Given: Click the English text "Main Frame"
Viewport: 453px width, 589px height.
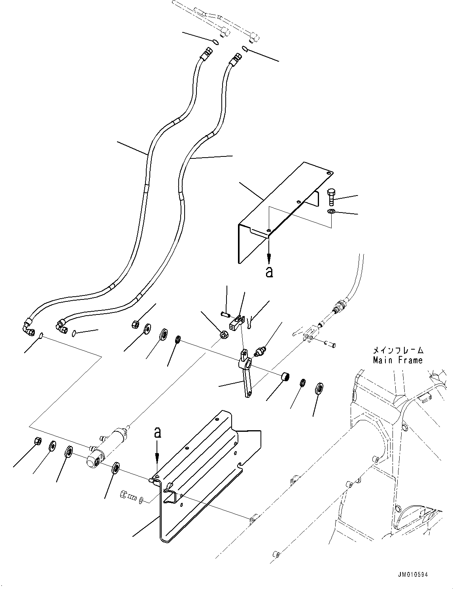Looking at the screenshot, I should (x=398, y=360).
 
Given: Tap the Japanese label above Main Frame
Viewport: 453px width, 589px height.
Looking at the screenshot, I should (x=398, y=350).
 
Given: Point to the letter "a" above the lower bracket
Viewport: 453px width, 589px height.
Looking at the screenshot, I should (x=157, y=433).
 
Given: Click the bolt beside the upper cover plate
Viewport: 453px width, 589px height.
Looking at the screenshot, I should (x=331, y=197).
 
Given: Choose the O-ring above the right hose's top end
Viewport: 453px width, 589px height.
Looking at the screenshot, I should (x=245, y=49).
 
